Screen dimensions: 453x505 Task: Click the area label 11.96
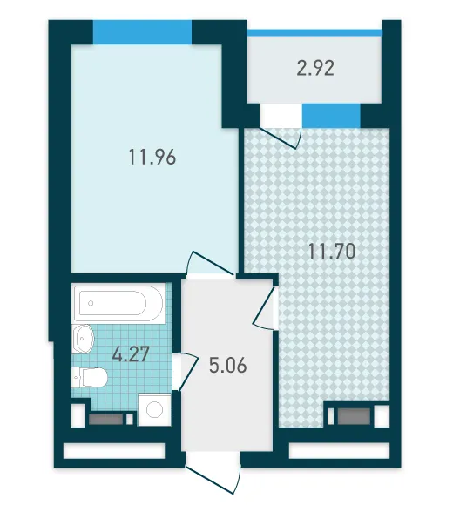pyautogui.click(x=152, y=157)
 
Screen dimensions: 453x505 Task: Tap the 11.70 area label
pyautogui.click(x=332, y=251)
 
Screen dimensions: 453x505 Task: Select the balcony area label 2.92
pyautogui.click(x=315, y=68)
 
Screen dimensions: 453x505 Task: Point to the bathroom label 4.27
pyautogui.click(x=131, y=353)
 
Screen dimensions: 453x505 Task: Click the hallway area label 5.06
pyautogui.click(x=227, y=366)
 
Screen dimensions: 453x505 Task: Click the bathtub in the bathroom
pyautogui.click(x=118, y=303)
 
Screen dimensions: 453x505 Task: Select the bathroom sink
pyautogui.click(x=83, y=339)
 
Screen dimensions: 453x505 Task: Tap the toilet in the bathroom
pyautogui.click(x=89, y=377)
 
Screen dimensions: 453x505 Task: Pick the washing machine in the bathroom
pyautogui.click(x=154, y=410)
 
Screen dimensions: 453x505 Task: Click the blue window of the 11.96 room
pyautogui.click(x=142, y=32)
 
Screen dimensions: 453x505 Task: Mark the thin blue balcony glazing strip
pyautogui.click(x=314, y=32)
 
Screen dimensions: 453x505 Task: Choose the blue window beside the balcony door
pyautogui.click(x=331, y=115)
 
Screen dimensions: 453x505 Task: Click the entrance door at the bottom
pyautogui.click(x=214, y=475)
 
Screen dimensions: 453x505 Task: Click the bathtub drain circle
pyautogui.click(x=91, y=303)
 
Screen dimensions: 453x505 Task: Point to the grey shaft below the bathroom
pyautogui.click(x=106, y=419)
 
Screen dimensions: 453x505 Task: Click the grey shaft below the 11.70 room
pyautogui.click(x=354, y=416)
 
